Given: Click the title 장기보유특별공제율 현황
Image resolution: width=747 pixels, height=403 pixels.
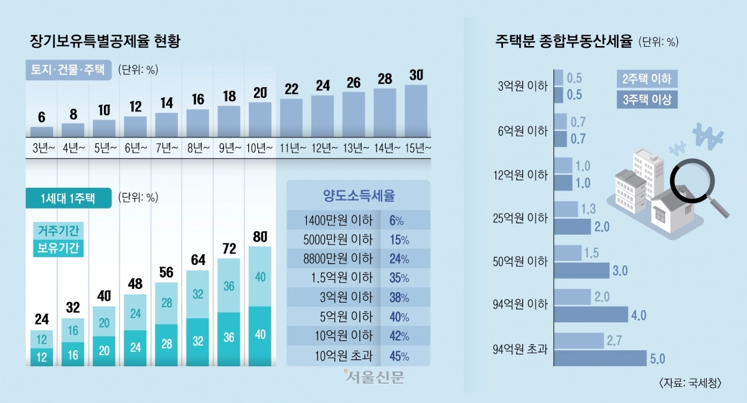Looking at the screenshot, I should (105, 42).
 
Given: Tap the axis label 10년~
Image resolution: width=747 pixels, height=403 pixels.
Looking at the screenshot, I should (260, 148).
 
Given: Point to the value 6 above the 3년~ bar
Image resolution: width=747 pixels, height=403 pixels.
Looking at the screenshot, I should (42, 116).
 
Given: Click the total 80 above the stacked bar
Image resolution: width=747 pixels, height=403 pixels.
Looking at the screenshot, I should (260, 236).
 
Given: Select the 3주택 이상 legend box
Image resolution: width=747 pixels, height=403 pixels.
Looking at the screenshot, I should (647, 99).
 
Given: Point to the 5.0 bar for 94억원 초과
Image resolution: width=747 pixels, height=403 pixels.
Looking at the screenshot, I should (599, 358).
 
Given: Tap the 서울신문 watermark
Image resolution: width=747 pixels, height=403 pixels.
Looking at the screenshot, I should (373, 377).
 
